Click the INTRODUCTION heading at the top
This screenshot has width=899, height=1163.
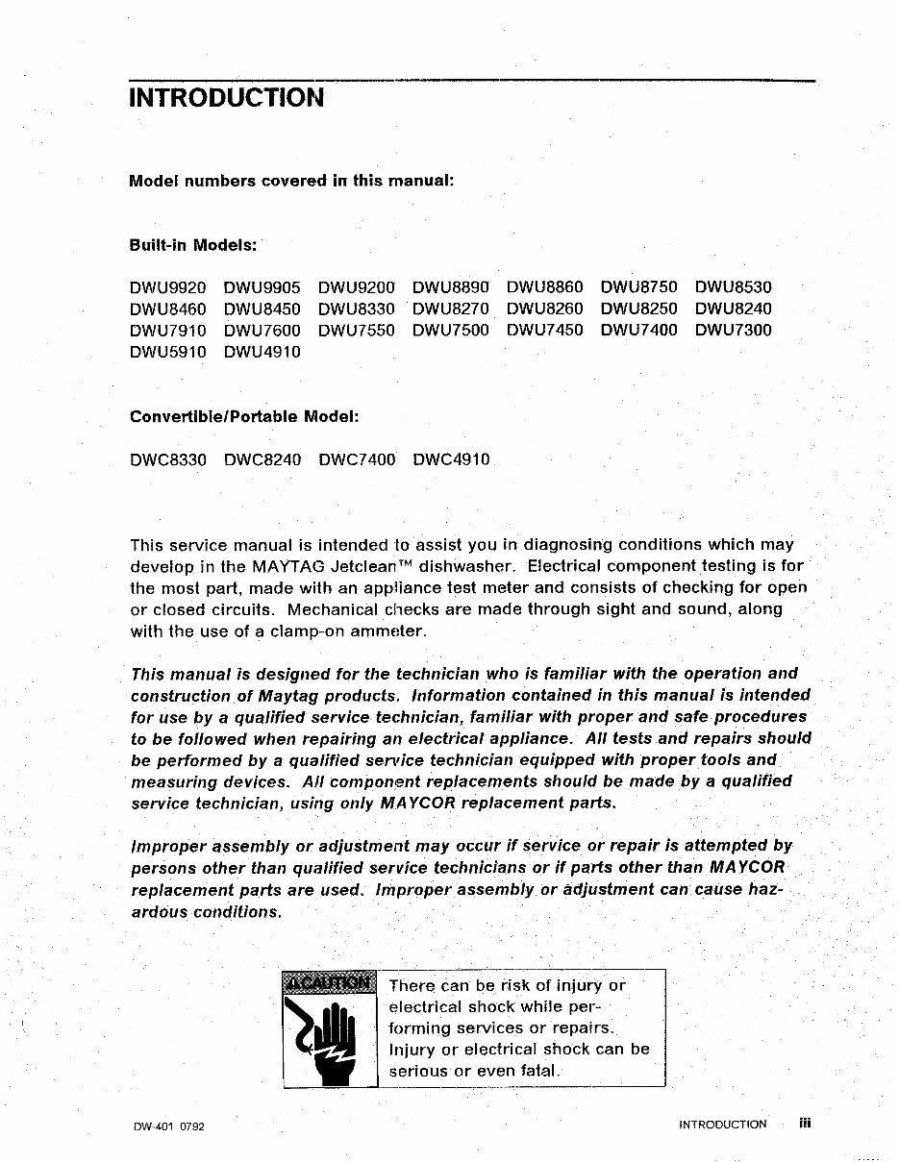226,98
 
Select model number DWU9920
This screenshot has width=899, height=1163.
167,287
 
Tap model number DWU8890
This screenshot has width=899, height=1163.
450,287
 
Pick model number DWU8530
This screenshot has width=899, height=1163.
733,287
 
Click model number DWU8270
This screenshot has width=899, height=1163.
450,309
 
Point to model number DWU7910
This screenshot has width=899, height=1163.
167,330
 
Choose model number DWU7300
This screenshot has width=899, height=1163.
733,330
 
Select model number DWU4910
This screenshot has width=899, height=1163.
262,352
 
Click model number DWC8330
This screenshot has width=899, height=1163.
167,459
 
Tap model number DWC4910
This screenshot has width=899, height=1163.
450,459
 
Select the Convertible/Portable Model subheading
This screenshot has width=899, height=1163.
244,416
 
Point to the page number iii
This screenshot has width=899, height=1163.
805,1123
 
